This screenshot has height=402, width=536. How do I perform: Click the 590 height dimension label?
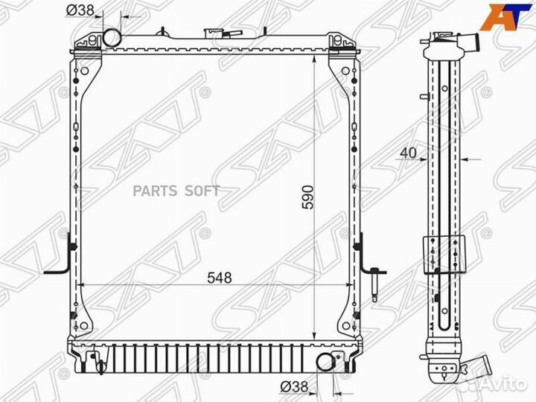(307, 197)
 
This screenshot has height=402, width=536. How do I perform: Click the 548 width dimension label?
(220, 278)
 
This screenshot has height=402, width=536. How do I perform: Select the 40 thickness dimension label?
(408, 153)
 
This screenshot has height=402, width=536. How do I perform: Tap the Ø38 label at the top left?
(80, 10)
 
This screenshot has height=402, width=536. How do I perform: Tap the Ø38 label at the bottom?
(294, 387)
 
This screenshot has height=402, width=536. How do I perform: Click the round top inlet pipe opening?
(112, 38)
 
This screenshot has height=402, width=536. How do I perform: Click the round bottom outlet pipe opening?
(325, 362)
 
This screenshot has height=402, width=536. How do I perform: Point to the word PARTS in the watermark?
(155, 191)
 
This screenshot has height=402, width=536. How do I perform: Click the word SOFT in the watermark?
(202, 191)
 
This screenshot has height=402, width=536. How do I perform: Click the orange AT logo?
(506, 17)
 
